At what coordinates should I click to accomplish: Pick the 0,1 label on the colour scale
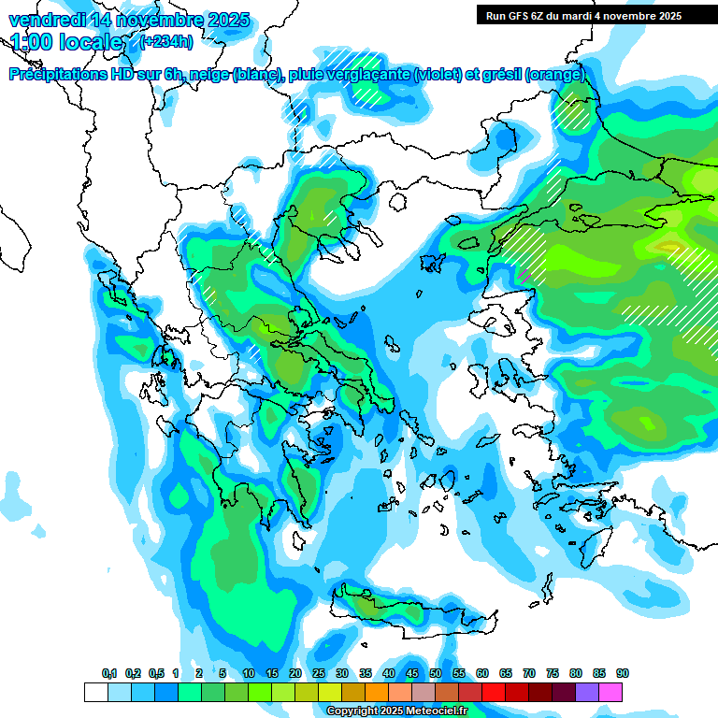point(109,673)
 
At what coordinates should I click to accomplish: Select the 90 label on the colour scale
point(623,673)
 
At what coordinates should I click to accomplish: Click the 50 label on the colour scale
point(436,673)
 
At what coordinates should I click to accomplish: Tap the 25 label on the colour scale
point(319,673)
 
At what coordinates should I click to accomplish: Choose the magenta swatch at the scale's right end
point(610,692)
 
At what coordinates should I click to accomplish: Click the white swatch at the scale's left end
point(95,692)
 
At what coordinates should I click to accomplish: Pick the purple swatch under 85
point(587,692)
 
